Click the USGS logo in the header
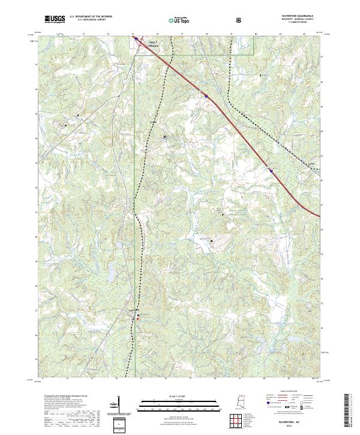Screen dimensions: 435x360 coord(55,19)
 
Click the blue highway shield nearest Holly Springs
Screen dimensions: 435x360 coord(206,94)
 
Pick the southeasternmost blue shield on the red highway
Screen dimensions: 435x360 coord(271,170)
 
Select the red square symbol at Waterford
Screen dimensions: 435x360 coord(137,319)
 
